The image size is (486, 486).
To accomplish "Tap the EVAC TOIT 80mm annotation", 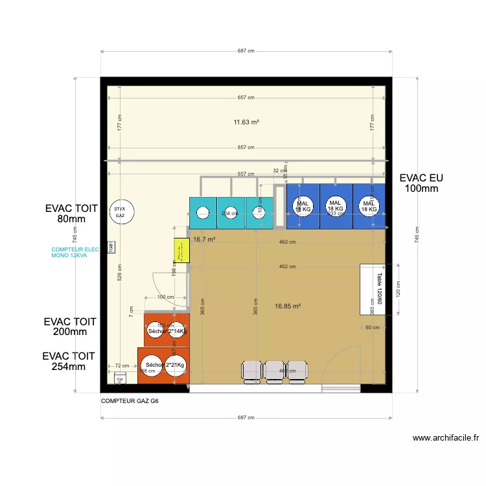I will pyautogui.click(x=71, y=214).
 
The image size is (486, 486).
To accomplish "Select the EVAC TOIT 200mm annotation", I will pyautogui.click(x=70, y=327).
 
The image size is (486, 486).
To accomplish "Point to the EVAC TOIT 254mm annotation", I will pyautogui.click(x=69, y=362).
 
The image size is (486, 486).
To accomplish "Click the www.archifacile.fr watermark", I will pyautogui.click(x=446, y=438).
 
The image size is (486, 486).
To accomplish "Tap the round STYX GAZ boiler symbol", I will pyautogui.click(x=121, y=212).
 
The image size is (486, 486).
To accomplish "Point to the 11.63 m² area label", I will pyautogui.click(x=246, y=122).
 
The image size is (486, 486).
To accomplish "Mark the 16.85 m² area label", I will pyautogui.click(x=288, y=306).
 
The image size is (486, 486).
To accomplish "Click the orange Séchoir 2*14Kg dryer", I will pyautogui.click(x=167, y=330).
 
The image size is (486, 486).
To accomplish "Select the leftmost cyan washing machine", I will pyautogui.click(x=203, y=213).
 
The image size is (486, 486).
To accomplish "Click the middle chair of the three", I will pyautogui.click(x=275, y=371).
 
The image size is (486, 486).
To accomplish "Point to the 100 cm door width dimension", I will pyautogui.click(x=165, y=297).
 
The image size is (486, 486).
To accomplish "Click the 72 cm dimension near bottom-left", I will pyautogui.click(x=121, y=366).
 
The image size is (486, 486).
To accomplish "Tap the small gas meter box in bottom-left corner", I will pyautogui.click(x=121, y=379).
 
